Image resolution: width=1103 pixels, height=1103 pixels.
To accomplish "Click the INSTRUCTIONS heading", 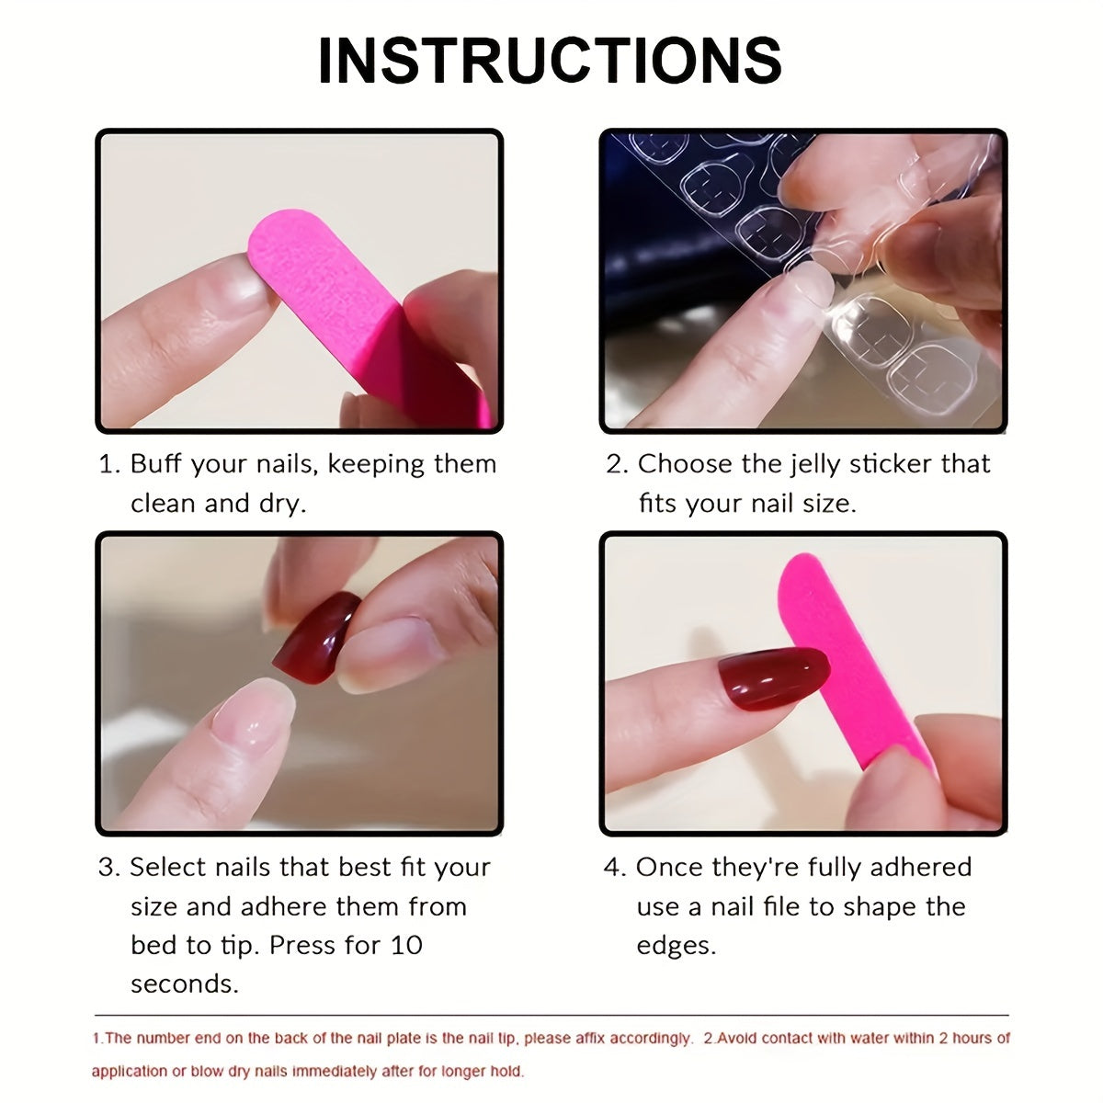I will [x=550, y=61].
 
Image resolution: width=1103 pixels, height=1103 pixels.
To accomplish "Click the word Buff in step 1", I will [x=157, y=463].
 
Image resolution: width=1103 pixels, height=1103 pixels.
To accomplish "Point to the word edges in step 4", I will [x=676, y=945].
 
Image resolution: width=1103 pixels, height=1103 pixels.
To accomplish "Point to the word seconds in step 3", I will [x=184, y=984].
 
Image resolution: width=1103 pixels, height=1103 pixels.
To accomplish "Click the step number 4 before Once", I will [x=613, y=868].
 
